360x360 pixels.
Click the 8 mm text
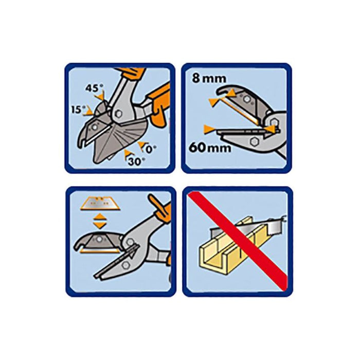tap(206, 80)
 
